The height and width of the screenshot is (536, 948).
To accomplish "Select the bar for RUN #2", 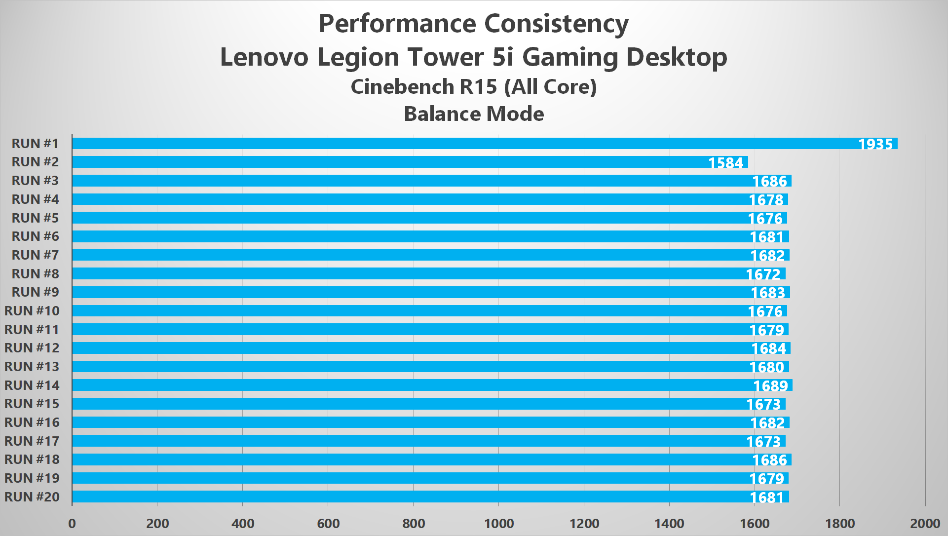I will [x=395, y=162].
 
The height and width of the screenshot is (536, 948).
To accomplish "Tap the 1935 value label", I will [x=875, y=144].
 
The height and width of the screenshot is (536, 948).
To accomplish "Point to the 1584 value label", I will [x=725, y=163].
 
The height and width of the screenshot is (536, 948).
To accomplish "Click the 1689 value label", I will [x=770, y=386].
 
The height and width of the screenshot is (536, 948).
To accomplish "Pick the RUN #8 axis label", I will [x=35, y=274].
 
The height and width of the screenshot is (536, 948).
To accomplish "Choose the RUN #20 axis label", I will [x=32, y=497].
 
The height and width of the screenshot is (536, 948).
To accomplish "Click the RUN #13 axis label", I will [x=32, y=367].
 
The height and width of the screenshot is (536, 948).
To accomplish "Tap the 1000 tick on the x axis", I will [x=499, y=524].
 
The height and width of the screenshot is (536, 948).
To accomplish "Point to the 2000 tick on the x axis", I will [x=925, y=524].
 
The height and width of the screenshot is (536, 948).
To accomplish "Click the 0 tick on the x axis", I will [x=72, y=524].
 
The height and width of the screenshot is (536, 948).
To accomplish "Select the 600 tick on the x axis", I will [x=328, y=524].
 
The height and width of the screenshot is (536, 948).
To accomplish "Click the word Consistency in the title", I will [x=556, y=24].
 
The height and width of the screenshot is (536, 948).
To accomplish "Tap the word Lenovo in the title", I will [x=264, y=57].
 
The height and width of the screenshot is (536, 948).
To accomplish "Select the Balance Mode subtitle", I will [x=474, y=114].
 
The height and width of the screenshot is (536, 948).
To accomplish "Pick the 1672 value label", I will [x=763, y=274].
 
